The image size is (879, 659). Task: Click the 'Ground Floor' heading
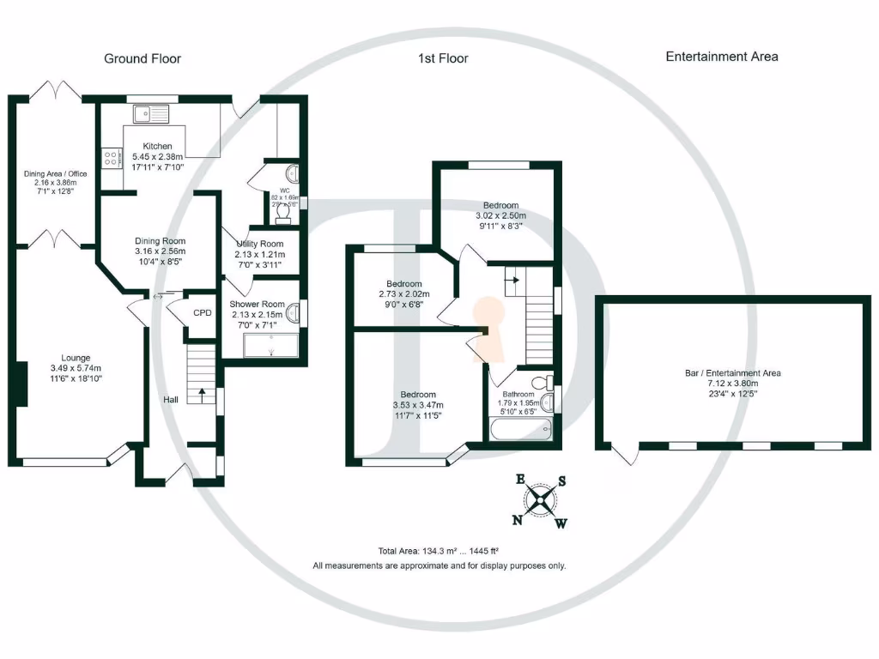[x=142, y=58]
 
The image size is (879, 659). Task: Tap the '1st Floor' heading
[x=443, y=58]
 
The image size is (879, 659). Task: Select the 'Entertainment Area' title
[x=722, y=57]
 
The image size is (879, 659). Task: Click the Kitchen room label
[x=158, y=147]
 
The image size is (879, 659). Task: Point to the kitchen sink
[x=151, y=112]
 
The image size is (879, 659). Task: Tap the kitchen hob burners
[x=112, y=158]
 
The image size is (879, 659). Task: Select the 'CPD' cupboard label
[x=202, y=313]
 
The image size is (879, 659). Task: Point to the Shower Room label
[x=257, y=304]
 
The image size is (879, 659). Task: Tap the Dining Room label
[x=160, y=241]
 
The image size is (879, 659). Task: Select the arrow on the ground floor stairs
[x=203, y=394]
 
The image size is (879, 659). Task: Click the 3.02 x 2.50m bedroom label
[x=500, y=206]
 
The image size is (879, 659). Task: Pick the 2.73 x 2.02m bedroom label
[x=403, y=284]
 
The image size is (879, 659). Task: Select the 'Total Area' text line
[x=439, y=551]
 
